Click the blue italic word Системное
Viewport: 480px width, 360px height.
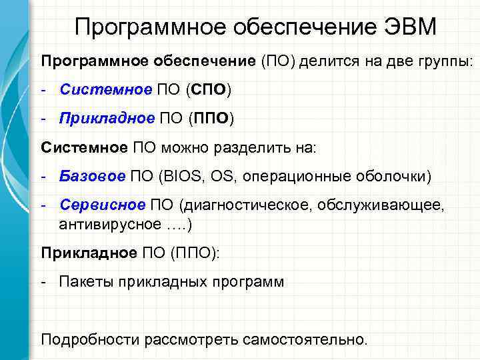[97, 89]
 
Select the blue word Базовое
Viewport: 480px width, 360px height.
[92, 177]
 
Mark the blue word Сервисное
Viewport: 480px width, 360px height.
[102, 205]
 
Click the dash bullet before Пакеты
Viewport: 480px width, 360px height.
[44, 281]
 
